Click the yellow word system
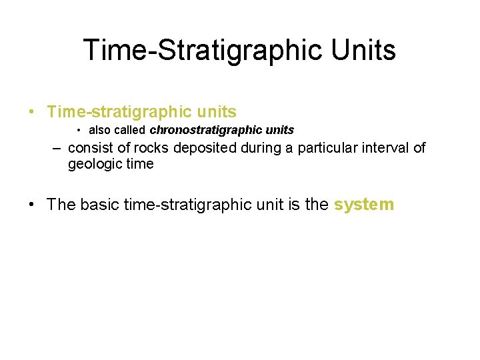click(x=364, y=205)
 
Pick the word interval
click(x=385, y=148)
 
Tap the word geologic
click(x=93, y=164)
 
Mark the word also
click(x=100, y=130)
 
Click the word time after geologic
click(x=139, y=164)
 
